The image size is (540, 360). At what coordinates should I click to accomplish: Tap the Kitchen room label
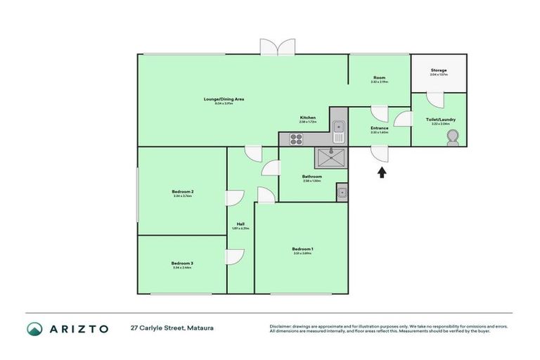(x=308, y=117)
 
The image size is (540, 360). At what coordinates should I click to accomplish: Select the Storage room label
(x=439, y=71)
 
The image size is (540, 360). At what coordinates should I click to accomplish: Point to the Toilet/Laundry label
(x=441, y=120)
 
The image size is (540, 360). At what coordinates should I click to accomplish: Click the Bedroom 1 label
(x=302, y=249)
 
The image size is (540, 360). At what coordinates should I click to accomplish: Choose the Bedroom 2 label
(x=182, y=192)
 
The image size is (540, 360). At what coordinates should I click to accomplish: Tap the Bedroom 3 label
(x=182, y=264)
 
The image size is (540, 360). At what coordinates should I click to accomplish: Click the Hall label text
(x=240, y=224)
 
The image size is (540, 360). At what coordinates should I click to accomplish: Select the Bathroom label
(x=312, y=176)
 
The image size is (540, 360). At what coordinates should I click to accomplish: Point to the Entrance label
(x=380, y=129)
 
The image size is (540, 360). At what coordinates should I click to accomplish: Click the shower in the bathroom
(x=331, y=157)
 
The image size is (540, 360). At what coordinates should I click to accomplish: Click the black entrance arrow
(x=382, y=172)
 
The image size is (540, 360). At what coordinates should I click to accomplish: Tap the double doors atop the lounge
(x=277, y=46)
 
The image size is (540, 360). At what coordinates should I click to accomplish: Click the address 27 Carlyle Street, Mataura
(x=171, y=328)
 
